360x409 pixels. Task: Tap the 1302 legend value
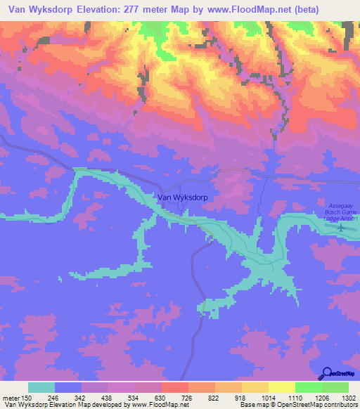click(x=349, y=398)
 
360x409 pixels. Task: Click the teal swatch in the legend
click(x=41, y=388)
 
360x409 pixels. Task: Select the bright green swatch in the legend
click(x=309, y=388)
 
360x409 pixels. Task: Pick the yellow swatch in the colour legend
click(x=282, y=388)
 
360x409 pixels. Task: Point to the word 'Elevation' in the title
click(x=96, y=10)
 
